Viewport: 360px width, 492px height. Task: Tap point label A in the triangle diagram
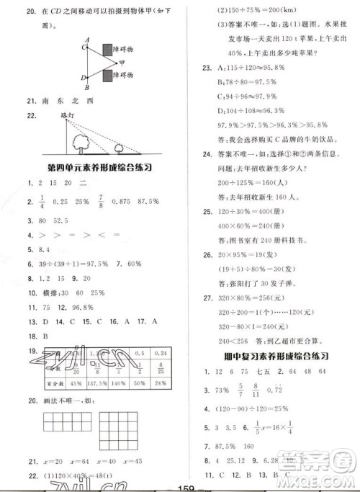tap(86, 40)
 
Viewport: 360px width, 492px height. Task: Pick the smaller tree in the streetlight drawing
tap(120, 149)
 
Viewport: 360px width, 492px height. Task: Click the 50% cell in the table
tap(140, 381)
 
